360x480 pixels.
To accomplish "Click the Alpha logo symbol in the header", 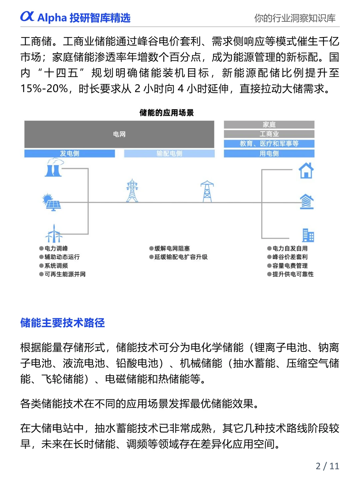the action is coord(27,16).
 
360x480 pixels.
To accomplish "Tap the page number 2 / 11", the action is coord(327,466).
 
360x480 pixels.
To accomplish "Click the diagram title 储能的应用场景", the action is coord(166,113).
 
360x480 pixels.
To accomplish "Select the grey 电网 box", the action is coord(119,134).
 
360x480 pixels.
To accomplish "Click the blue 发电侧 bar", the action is coord(69,153).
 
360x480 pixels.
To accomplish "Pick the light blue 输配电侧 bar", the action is coord(169,153).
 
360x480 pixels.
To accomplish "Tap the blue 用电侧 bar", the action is coord(269,153).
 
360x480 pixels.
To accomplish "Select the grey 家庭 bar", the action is coord(269,125).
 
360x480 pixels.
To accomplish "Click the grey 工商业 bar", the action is coord(269,134).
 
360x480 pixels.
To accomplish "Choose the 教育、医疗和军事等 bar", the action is coord(269,144).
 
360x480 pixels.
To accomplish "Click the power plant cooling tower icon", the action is coord(54,167).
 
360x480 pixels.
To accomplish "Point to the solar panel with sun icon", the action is coord(51,202).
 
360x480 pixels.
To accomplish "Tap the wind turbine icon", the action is coord(54,234).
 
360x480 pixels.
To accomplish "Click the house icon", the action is coord(306,170).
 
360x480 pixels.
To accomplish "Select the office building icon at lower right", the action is coord(308,235).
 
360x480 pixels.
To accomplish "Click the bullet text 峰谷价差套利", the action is coord(290,257).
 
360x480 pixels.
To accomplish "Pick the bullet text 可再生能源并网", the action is coord(65,274).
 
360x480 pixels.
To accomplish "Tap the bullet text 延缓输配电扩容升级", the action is coord(181,257).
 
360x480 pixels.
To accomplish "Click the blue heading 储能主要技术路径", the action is coord(63,323).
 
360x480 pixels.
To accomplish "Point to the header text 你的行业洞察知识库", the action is coord(295,18).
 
